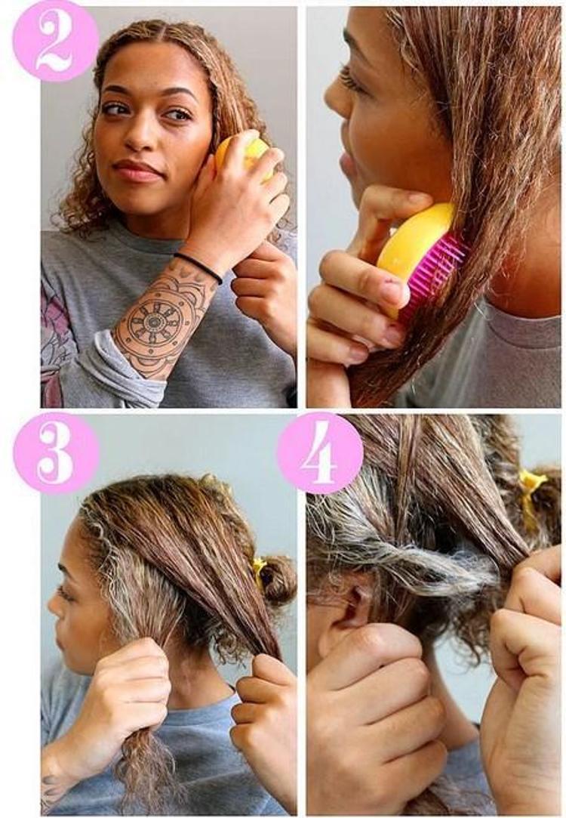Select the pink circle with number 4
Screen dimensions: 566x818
pyautogui.click(x=320, y=452)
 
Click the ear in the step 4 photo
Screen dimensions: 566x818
pyautogui.click(x=352, y=600)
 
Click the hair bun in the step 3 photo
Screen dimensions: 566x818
pyautogui.click(x=278, y=579)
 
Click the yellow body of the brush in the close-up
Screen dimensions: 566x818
pyautogui.click(x=412, y=245)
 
